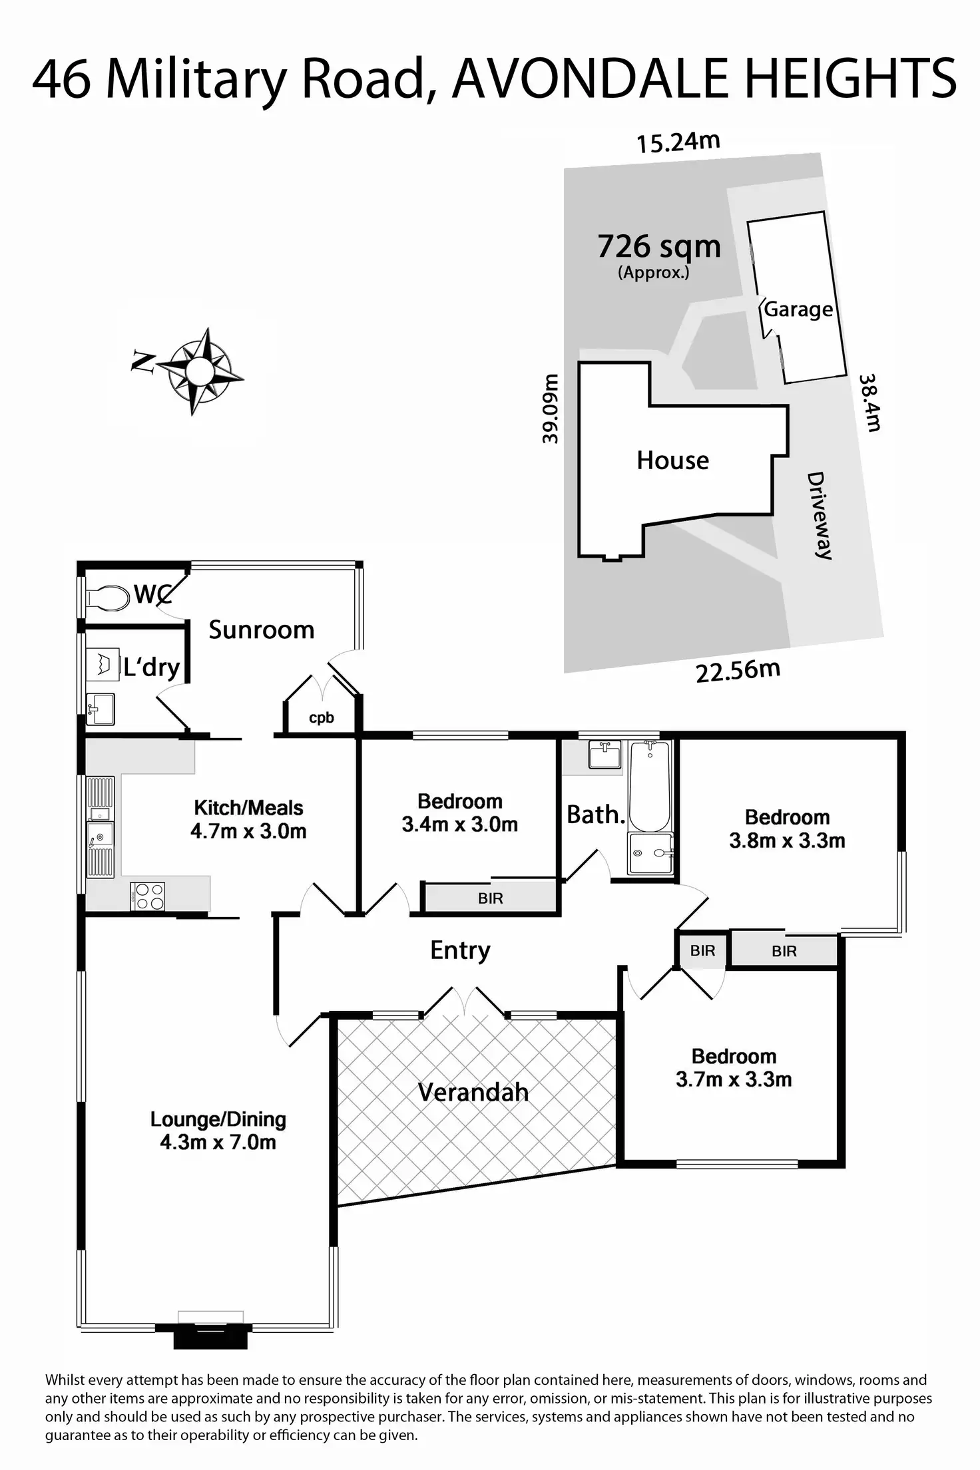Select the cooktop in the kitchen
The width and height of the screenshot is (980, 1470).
(x=148, y=895)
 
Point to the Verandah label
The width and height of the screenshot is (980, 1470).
(x=473, y=1092)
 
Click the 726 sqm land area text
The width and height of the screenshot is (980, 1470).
(x=658, y=247)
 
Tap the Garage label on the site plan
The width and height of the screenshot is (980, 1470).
(x=798, y=309)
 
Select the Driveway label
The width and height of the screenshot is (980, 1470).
(x=820, y=515)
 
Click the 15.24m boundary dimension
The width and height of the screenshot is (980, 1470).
(x=678, y=142)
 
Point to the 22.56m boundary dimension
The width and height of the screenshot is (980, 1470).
(x=738, y=671)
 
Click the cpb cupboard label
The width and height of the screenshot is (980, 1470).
(x=322, y=718)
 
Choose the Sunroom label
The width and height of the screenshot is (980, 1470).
(x=261, y=630)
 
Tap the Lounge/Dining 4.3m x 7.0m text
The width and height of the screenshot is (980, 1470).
(x=218, y=1131)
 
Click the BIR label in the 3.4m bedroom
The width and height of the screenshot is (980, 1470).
(x=490, y=898)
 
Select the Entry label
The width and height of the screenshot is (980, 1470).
(x=460, y=950)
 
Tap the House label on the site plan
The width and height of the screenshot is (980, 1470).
(x=672, y=460)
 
